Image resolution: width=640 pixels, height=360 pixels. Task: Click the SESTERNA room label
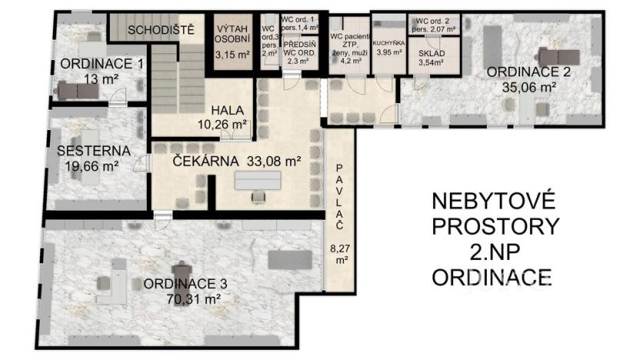click(93, 150)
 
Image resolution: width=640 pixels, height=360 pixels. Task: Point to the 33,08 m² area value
click(273, 162)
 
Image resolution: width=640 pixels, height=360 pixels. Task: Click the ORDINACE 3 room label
click(185, 283)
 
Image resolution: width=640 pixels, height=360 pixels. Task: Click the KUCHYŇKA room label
click(388, 45)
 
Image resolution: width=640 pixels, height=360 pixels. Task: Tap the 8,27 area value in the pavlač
click(339, 248)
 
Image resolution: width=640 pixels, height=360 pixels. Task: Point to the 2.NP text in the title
click(493, 252)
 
